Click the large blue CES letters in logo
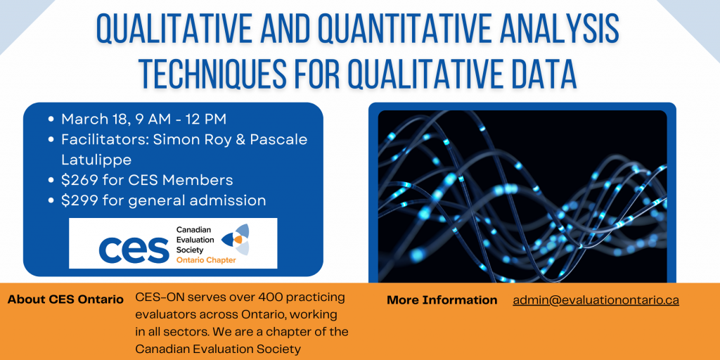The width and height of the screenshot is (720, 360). click(x=134, y=246)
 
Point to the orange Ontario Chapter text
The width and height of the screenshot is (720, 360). click(x=206, y=259)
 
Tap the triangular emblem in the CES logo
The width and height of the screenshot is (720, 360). click(x=235, y=239)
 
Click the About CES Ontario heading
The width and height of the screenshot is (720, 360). click(x=65, y=299)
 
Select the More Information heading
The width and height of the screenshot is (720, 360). click(x=442, y=300)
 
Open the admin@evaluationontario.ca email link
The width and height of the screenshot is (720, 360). click(x=596, y=300)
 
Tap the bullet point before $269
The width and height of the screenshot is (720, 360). click(x=51, y=181)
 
